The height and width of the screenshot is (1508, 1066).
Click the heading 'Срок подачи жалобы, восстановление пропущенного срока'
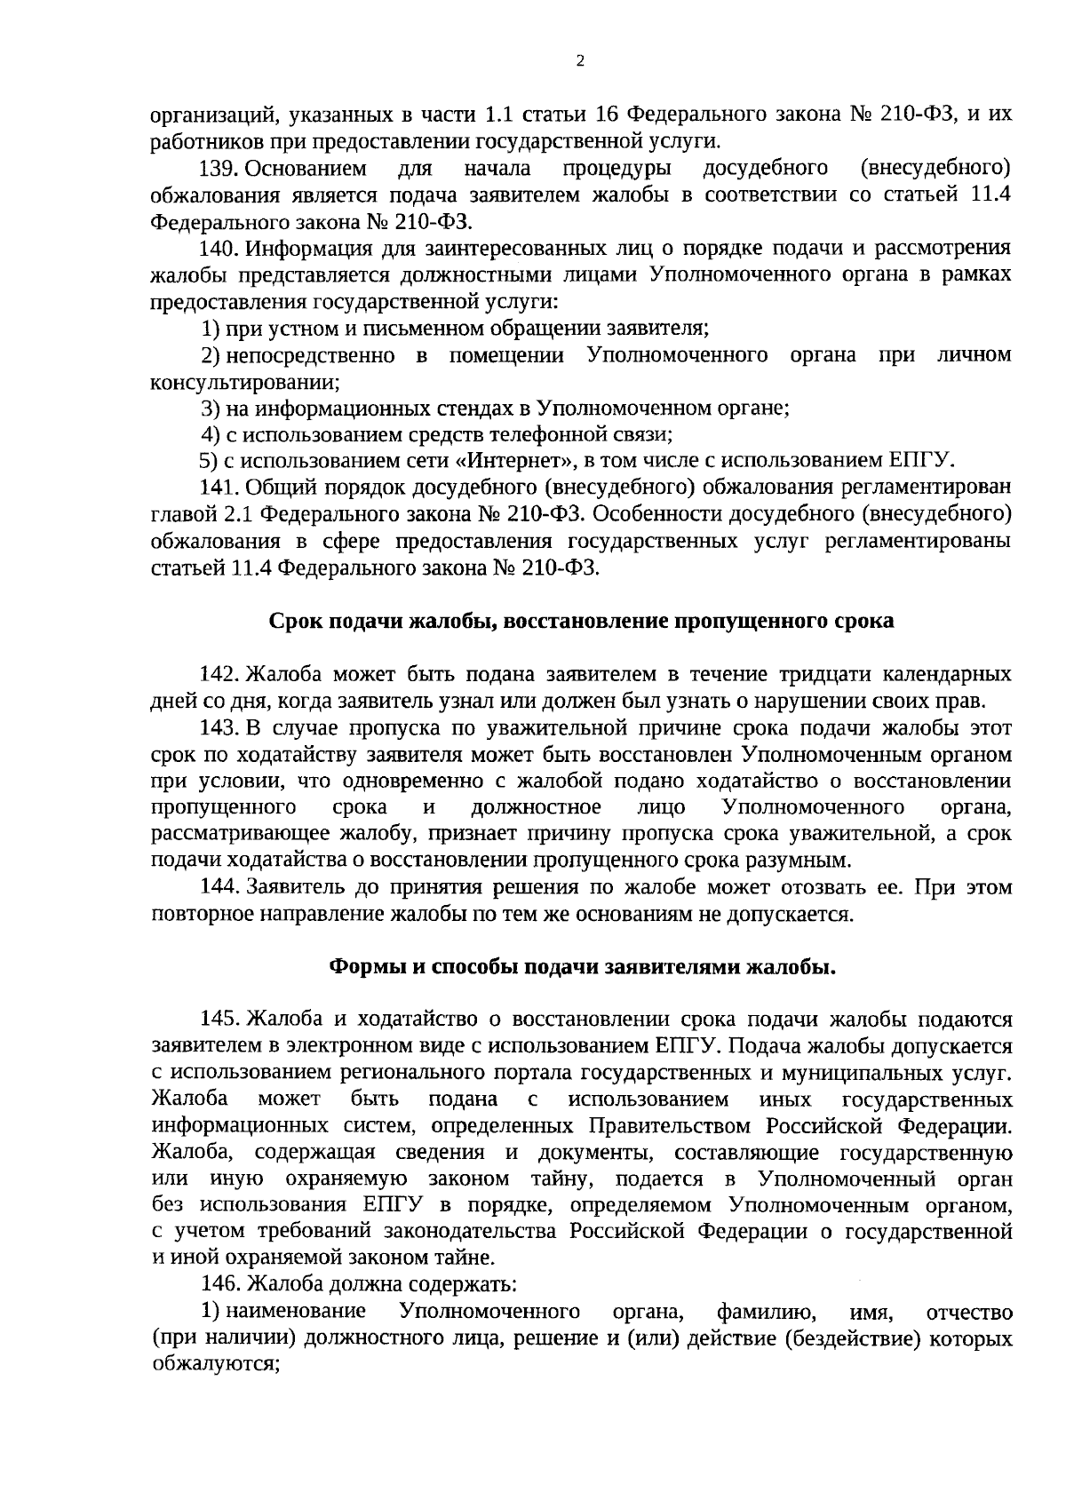pyautogui.click(x=581, y=621)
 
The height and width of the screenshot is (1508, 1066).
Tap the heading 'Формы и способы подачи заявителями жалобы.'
pyautogui.click(x=582, y=967)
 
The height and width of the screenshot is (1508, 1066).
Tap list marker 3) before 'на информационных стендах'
pyautogui.click(x=210, y=409)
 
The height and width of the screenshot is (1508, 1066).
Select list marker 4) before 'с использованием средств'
pyautogui.click(x=210, y=435)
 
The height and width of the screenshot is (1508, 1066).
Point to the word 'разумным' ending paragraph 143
pyautogui.click(x=809, y=861)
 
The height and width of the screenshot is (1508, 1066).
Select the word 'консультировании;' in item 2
pyautogui.click(x=246, y=382)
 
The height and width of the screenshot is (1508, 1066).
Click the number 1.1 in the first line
pyautogui.click(x=503, y=115)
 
